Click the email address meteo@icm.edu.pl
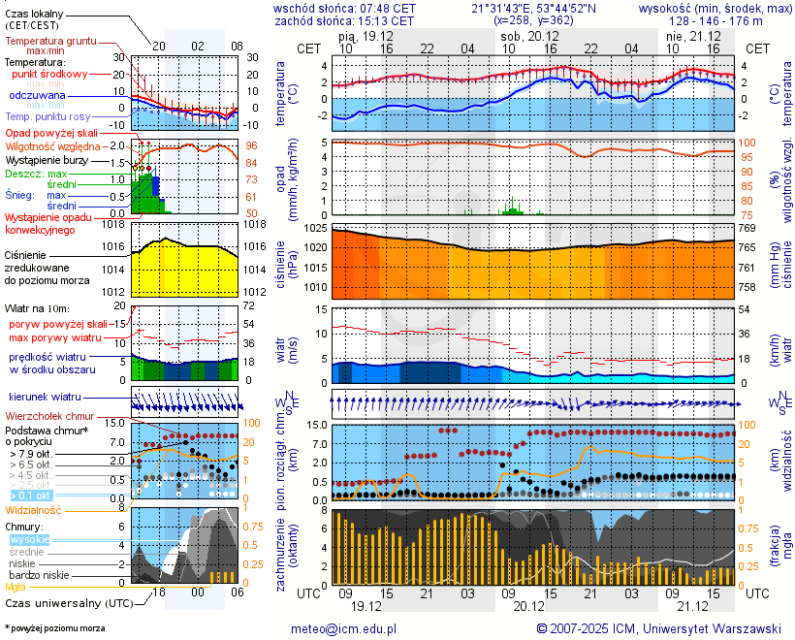[x=345, y=628]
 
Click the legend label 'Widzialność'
[x=33, y=509]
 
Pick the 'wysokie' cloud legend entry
[x=29, y=539]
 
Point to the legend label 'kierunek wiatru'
[x=45, y=398]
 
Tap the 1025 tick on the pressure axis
[x=315, y=229]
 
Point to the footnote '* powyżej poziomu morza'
[x=54, y=628]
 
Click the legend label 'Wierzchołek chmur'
[x=48, y=417]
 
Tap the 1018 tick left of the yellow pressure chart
[x=113, y=224]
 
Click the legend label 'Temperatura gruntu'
[x=50, y=42]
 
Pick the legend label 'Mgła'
[x=16, y=587]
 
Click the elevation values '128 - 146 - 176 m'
[x=715, y=20]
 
